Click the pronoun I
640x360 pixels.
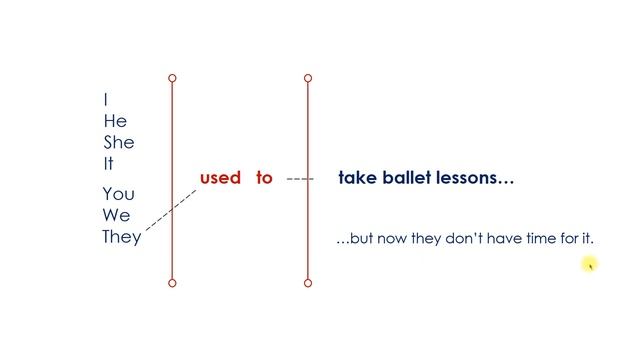[x=106, y=100]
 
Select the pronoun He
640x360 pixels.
[x=115, y=121]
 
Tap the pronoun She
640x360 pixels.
[x=118, y=142]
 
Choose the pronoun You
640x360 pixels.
[x=118, y=194]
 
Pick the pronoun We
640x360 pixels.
[x=116, y=215]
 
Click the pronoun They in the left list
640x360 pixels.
[x=121, y=237]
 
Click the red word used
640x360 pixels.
[x=220, y=178]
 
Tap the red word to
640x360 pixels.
[x=264, y=178]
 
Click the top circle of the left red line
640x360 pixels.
[x=172, y=77]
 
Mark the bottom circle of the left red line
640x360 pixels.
[x=172, y=283]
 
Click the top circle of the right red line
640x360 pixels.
[x=307, y=77]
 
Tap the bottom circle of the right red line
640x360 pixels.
[x=307, y=283]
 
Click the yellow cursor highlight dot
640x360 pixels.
[x=590, y=264]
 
